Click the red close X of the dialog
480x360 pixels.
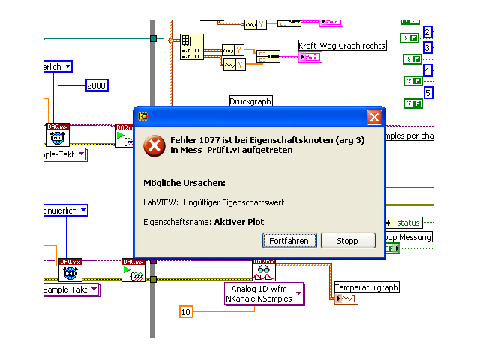click(x=373, y=118)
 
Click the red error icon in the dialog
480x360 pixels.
click(x=154, y=145)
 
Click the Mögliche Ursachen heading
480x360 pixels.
click(x=184, y=183)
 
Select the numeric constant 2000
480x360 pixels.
click(x=97, y=85)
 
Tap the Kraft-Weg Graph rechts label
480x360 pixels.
click(x=342, y=46)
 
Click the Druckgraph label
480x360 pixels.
click(x=251, y=100)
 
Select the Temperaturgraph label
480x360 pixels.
click(x=366, y=287)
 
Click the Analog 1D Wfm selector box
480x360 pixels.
click(x=264, y=293)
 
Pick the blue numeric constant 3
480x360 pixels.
click(x=427, y=48)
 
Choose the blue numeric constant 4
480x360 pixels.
click(x=427, y=70)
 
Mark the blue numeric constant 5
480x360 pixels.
click(x=427, y=93)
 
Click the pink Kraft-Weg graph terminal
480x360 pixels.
click(x=310, y=57)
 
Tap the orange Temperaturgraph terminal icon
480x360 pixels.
click(x=346, y=298)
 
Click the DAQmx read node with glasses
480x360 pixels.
click(x=263, y=270)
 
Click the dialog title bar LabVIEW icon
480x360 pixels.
click(x=142, y=116)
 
